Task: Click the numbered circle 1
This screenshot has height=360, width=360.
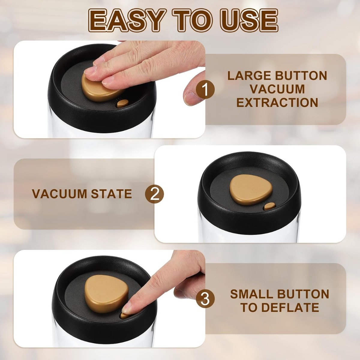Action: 205,90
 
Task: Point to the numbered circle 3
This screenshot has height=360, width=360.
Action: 205,299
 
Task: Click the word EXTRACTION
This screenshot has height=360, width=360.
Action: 277,103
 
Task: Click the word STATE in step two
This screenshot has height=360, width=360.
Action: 112,194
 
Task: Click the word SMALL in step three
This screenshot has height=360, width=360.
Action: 251,294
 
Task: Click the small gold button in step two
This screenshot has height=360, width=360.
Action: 269,206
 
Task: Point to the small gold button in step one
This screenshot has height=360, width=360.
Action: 123,103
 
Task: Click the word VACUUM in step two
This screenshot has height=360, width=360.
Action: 59,194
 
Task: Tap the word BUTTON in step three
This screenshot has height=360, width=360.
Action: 303,294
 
